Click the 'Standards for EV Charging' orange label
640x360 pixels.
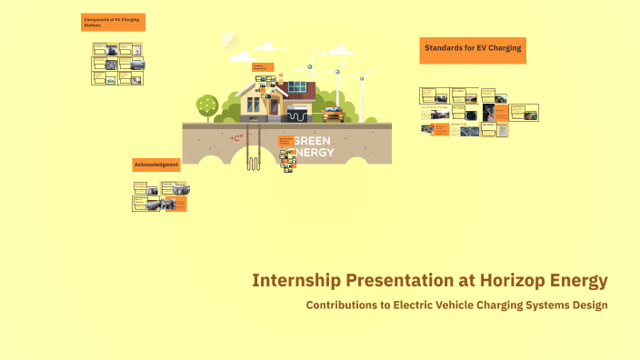coord(473,50)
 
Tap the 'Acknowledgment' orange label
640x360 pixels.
coord(156,165)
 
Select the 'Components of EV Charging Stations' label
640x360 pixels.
coord(114,23)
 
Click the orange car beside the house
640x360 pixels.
coord(333,115)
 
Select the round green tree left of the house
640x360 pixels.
coord(207,104)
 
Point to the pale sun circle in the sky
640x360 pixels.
coord(230,41)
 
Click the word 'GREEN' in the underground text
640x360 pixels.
coord(314,141)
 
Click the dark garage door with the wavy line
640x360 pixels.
coord(297,115)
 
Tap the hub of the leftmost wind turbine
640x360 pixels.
coord(311,65)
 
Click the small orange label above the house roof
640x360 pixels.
coord(262,67)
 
